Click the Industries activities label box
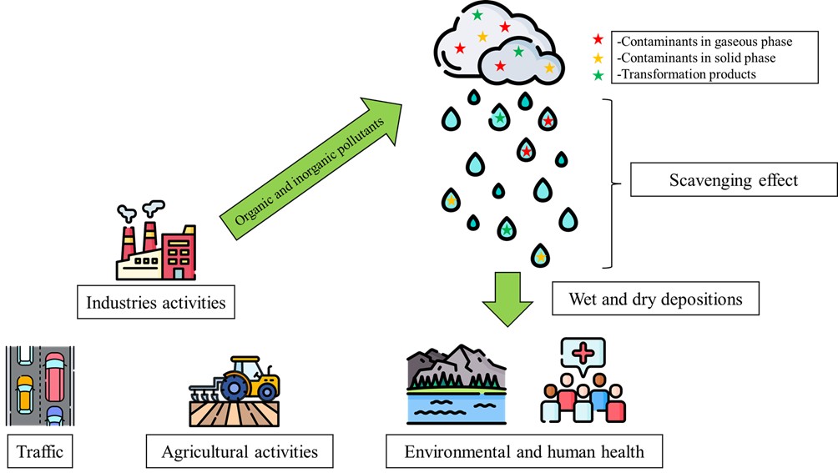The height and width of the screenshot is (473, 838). (x=156, y=302)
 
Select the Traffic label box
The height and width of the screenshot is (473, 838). (x=39, y=452)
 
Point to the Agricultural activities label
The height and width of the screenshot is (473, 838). (x=240, y=452)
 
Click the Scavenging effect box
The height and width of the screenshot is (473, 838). (x=733, y=180)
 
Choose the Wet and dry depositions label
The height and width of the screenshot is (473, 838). (x=655, y=298)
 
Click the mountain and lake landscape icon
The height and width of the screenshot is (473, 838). (x=456, y=383)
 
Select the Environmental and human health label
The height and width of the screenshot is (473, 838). (x=524, y=452)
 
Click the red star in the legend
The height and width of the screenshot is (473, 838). (x=597, y=40)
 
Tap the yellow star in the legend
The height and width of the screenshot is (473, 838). (x=597, y=58)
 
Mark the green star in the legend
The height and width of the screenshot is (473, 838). (x=597, y=74)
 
